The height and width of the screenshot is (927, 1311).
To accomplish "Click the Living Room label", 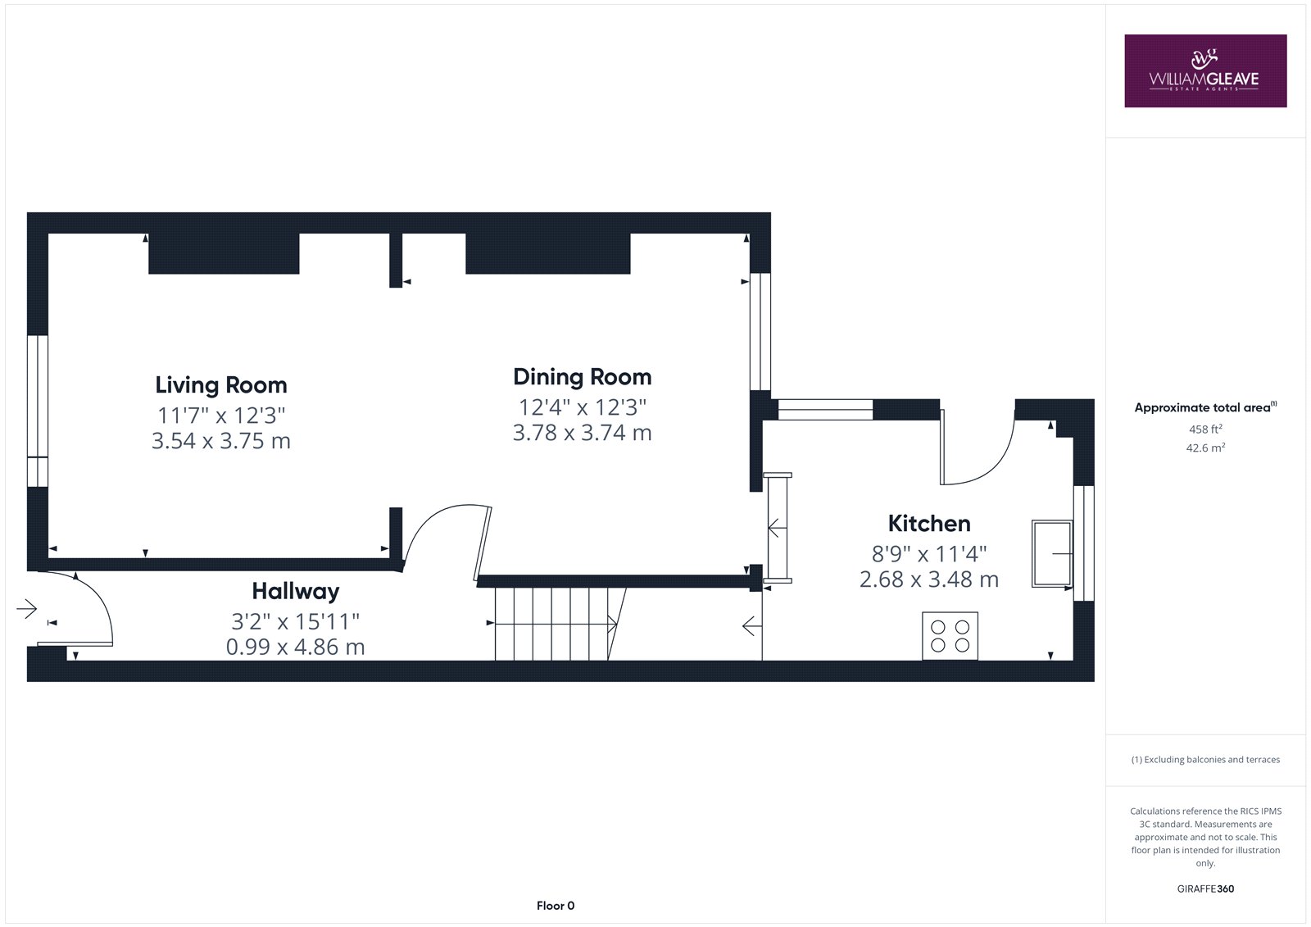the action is pos(221,385).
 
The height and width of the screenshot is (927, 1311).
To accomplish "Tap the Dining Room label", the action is pos(583,377).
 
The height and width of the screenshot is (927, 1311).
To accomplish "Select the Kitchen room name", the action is pos(929,524).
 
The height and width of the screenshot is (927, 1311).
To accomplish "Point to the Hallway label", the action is pos(296,592).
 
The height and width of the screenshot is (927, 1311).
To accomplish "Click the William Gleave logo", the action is pos(1205,70).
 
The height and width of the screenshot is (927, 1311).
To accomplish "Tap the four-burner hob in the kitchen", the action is pos(950,636).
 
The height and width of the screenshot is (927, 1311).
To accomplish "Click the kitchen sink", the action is pos(1052,553).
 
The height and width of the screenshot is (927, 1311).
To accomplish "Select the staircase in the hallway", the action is pos(560,625).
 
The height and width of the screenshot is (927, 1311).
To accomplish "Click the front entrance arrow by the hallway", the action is pos(27,609).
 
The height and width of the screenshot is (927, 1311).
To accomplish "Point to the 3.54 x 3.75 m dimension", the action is pos(221,441).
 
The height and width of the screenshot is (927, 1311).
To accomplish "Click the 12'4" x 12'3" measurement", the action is pos(583,407).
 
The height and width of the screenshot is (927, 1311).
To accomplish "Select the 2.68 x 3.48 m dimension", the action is pos(929,579).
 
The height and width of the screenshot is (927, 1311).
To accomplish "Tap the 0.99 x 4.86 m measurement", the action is pos(296,647).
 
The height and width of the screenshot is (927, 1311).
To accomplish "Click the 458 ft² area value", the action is pos(1205,429).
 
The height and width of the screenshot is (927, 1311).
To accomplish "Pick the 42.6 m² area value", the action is pos(1205,448).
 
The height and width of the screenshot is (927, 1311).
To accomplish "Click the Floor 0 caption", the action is pos(556,906).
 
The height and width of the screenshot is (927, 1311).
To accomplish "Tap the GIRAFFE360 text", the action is pos(1205,889).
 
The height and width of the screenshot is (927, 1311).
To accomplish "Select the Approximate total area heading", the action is pos(1205,407).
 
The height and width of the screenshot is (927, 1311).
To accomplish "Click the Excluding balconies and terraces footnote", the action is pos(1205,760).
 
